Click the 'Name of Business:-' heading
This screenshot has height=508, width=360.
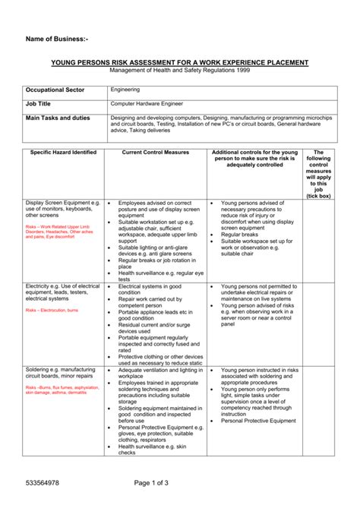pyautogui.click(x=57, y=38)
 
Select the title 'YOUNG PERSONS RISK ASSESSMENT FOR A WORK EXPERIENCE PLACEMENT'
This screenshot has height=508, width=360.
pyautogui.click(x=180, y=62)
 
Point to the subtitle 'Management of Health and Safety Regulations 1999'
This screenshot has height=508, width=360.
pyautogui.click(x=180, y=70)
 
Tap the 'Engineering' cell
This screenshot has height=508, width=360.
pyautogui.click(x=125, y=89)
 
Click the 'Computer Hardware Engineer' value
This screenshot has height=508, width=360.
pyautogui.click(x=147, y=103)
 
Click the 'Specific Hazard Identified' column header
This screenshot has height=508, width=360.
pyautogui.click(x=63, y=153)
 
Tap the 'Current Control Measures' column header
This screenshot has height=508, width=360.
pyautogui.click(x=156, y=153)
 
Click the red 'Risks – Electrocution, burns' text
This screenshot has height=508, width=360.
pyautogui.click(x=52, y=311)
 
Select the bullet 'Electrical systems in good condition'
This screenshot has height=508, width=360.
pyautogui.click(x=152, y=289)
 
